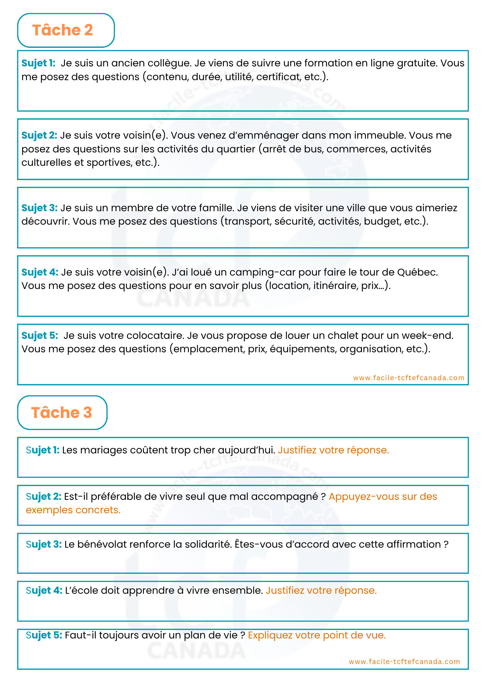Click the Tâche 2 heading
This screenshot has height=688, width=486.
click(x=63, y=30)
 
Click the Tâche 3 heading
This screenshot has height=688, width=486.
click(x=62, y=412)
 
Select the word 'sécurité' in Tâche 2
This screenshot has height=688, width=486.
click(x=295, y=221)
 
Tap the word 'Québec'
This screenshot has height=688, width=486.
click(x=417, y=272)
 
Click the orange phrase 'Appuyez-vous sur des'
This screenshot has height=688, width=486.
click(x=383, y=497)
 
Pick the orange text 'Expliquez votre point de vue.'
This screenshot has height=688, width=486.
click(x=317, y=635)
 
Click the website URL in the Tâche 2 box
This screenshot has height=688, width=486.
click(x=409, y=378)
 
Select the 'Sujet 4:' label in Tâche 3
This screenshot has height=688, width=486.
click(x=44, y=591)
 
